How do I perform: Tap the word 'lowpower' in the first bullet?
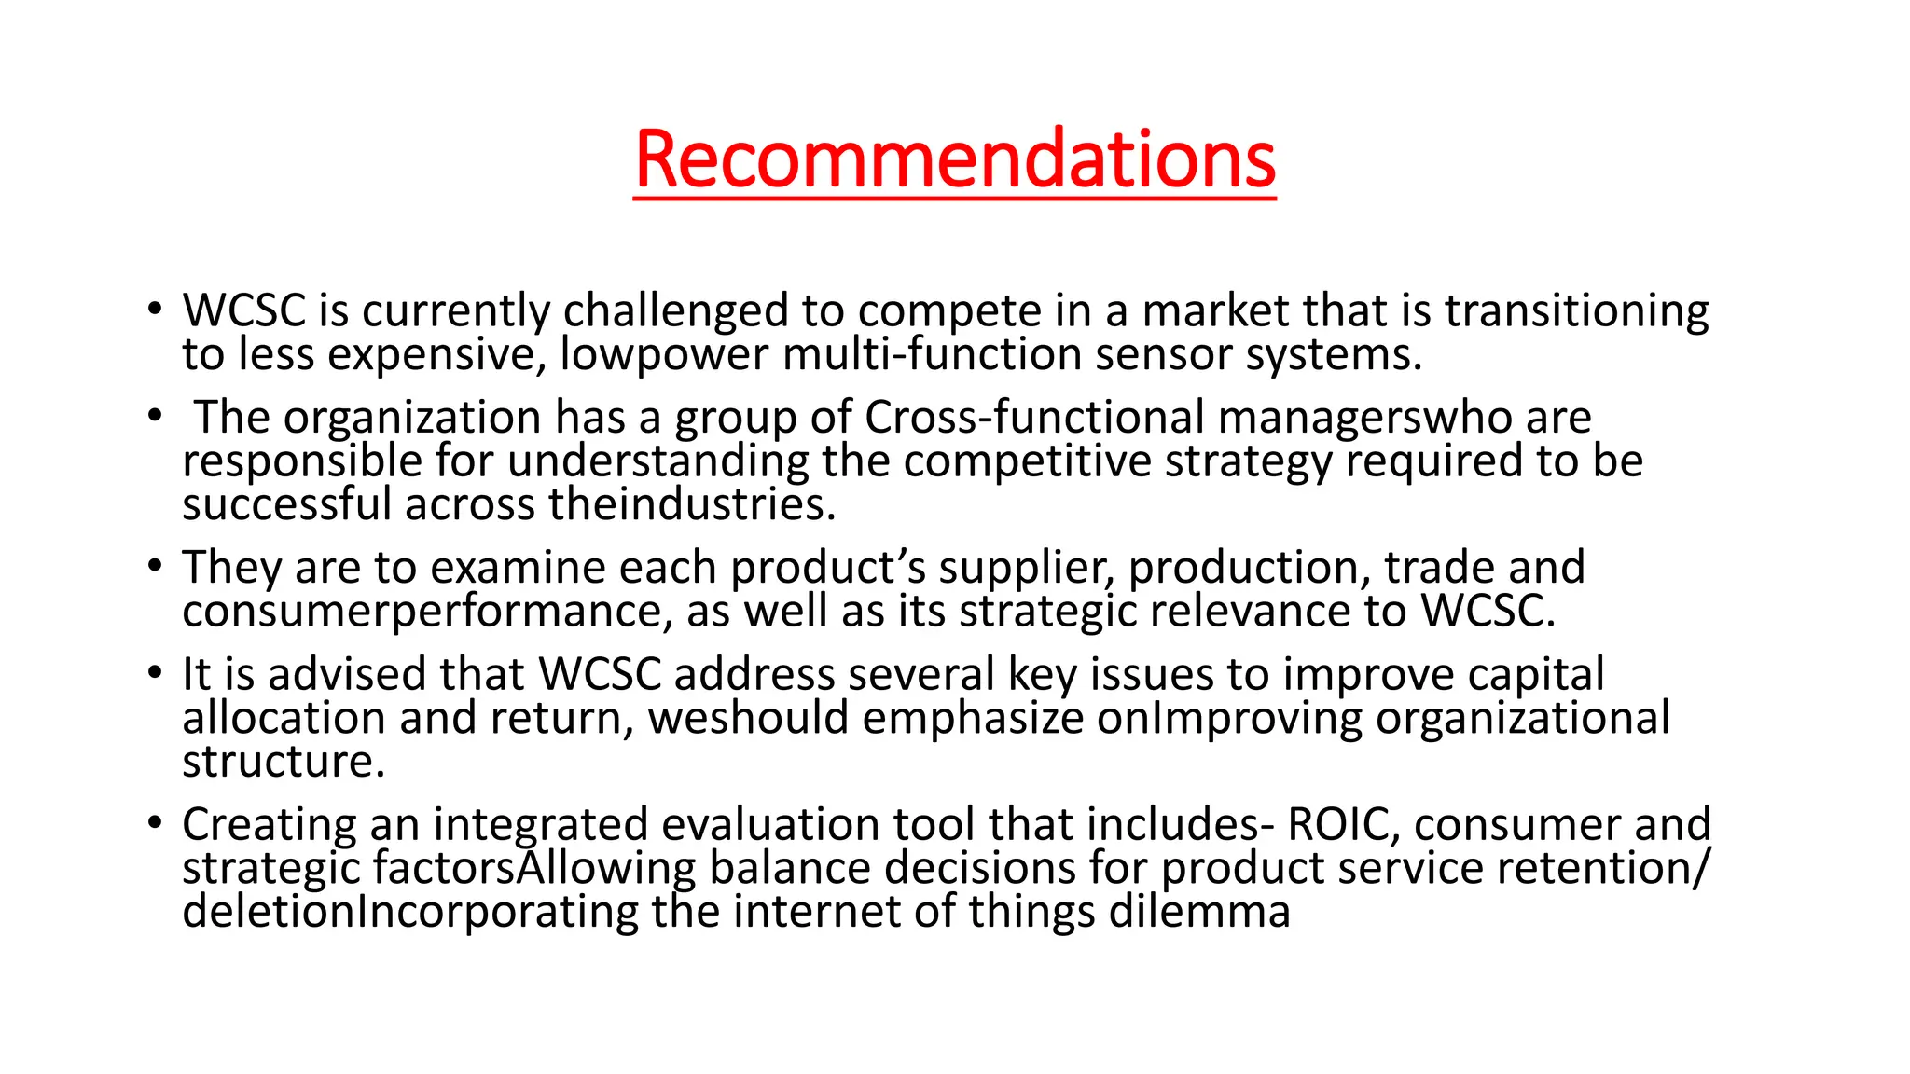pyautogui.click(x=664, y=355)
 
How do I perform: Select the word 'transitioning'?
pyautogui.click(x=1576, y=311)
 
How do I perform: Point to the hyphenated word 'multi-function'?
pyautogui.click(x=932, y=355)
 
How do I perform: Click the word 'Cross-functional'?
pyautogui.click(x=1034, y=418)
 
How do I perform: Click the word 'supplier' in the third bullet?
pyautogui.click(x=1025, y=569)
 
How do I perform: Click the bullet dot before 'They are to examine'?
pyautogui.click(x=155, y=565)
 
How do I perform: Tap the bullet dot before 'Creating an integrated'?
pyautogui.click(x=155, y=822)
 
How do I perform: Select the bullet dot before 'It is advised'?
pyautogui.click(x=155, y=672)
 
